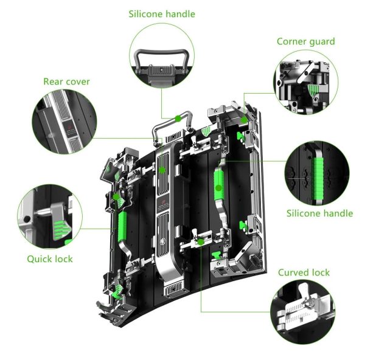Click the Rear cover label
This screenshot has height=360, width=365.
pyautogui.click(x=66, y=81)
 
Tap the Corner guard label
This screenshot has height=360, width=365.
pyautogui.click(x=305, y=41)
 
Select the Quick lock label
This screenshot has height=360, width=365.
pyautogui.click(x=50, y=259)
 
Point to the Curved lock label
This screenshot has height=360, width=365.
pyautogui.click(x=304, y=272)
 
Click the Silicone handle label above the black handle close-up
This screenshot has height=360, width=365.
pyautogui.click(x=162, y=14)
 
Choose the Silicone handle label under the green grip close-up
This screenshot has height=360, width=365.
pyautogui.click(x=319, y=213)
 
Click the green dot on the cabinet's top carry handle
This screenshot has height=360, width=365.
pyautogui.click(x=178, y=119)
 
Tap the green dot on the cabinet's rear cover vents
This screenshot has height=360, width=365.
pyautogui.click(x=162, y=170)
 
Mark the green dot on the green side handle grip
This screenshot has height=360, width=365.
pyautogui.click(x=218, y=188)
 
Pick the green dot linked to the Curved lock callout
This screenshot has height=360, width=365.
pyautogui.click(x=201, y=242)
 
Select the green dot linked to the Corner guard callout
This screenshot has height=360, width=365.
pyautogui.click(x=244, y=120)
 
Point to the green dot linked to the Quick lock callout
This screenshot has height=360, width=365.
pyautogui.click(x=116, y=197)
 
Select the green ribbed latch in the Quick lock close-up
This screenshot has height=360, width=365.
pyautogui.click(x=61, y=230)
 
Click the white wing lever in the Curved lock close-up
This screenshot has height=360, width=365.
pyautogui.click(x=304, y=291)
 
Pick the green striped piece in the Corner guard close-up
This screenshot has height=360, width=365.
pyautogui.click(x=313, y=90)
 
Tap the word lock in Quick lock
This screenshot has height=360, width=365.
pyautogui.click(x=63, y=259)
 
